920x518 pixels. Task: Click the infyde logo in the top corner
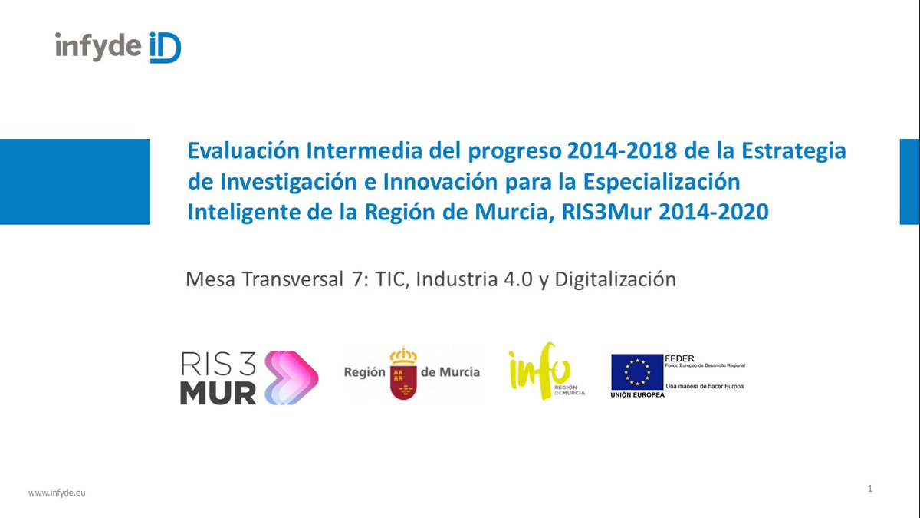[x=118, y=47]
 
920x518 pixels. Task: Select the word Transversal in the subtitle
[x=291, y=279]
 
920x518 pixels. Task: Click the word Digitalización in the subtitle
[x=615, y=279]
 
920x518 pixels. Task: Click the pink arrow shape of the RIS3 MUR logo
[x=289, y=377]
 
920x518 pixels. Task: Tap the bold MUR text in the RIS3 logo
[x=218, y=392]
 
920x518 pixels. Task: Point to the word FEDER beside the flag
[x=680, y=358]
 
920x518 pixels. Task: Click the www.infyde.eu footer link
[x=57, y=492]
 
